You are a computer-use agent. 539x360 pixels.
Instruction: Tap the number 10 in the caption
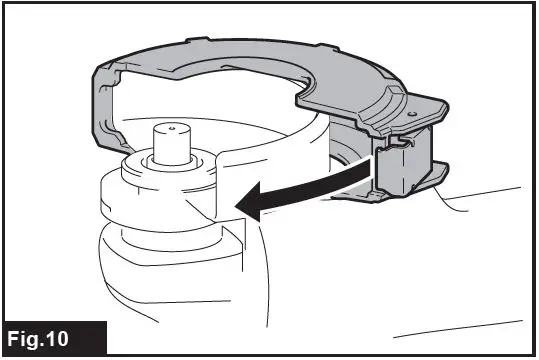click(76, 337)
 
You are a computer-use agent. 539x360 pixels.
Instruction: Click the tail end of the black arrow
click(375, 176)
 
